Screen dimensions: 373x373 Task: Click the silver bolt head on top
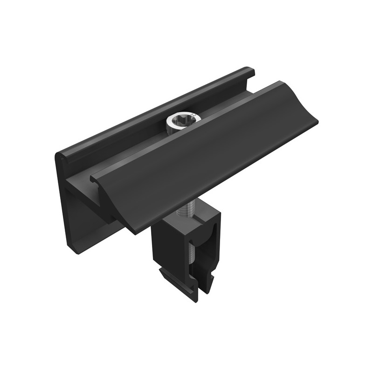[183, 122]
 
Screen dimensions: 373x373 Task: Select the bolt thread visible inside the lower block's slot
[192, 261]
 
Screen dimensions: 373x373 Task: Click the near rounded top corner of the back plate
[61, 156]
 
